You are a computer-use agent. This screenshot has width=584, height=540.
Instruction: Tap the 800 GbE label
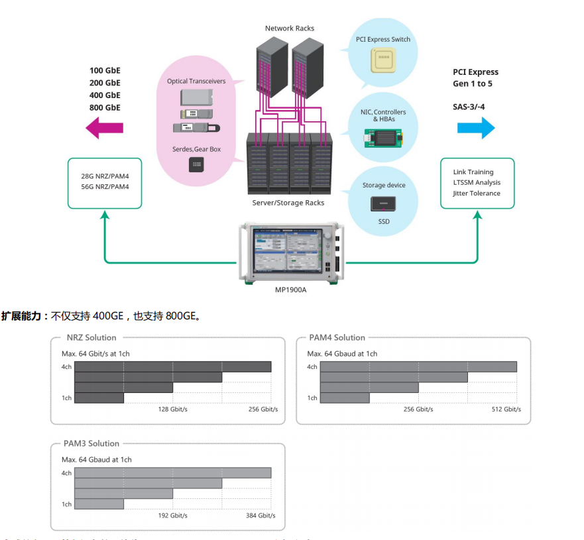[105, 107]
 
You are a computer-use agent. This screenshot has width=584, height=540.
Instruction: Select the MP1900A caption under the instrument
[291, 290]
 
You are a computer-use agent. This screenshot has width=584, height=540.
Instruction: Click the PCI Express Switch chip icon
[382, 60]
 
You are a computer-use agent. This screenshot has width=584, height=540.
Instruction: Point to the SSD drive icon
[384, 204]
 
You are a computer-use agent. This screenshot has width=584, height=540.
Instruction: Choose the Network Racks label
[290, 28]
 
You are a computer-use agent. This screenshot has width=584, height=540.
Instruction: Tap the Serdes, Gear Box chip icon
[196, 164]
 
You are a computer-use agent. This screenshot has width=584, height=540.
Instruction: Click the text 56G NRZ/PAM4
[105, 187]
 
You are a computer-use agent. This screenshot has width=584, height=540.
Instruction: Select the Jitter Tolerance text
[477, 193]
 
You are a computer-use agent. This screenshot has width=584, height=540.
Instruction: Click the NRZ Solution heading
[91, 338]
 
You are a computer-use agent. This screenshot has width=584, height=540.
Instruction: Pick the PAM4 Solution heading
[337, 338]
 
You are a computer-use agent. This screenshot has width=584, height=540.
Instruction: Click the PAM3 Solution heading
[91, 444]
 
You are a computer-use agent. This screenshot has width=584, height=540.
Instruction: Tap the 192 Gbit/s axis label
[172, 515]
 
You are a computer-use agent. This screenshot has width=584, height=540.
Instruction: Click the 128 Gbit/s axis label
[172, 409]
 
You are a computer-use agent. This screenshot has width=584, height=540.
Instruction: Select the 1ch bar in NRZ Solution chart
[99, 398]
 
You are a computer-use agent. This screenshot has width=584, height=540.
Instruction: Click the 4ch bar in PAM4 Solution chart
[418, 367]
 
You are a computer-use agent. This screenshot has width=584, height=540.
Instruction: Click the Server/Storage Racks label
[288, 203]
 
